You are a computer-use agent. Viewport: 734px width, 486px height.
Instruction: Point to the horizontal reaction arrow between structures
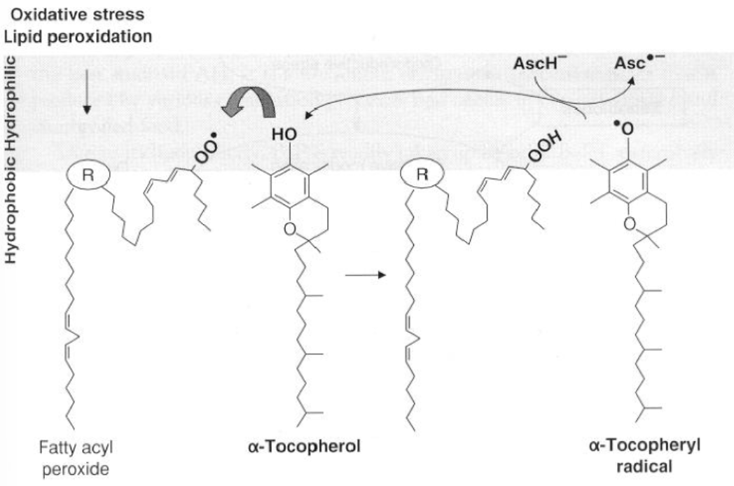(x=365, y=276)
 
